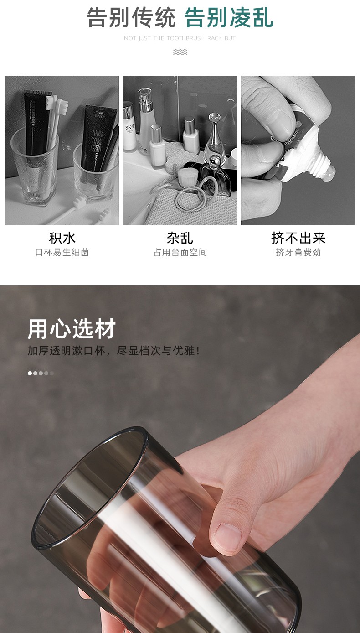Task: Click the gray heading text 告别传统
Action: [x=131, y=17]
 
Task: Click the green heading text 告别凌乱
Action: [x=229, y=17]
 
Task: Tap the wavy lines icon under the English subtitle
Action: [x=180, y=52]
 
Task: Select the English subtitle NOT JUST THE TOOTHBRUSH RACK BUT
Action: [x=180, y=38]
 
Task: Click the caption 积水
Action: [x=62, y=238]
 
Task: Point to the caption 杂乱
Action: [x=180, y=238]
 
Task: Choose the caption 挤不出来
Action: [x=298, y=238]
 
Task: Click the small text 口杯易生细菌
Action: [x=62, y=252]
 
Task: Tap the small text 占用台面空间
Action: [x=180, y=252]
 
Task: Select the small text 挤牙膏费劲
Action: [x=298, y=252]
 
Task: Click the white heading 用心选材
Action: [x=72, y=329]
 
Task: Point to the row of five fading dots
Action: [x=41, y=374]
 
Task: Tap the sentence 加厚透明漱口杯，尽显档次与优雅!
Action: [x=114, y=351]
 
